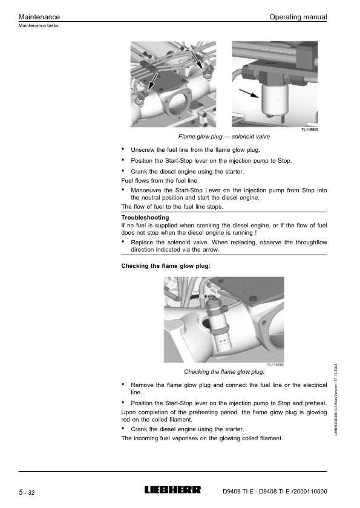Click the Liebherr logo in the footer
172,490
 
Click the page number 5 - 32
27,492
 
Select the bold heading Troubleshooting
145,217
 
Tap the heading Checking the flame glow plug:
166,266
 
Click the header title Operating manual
298,17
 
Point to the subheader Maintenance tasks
38,25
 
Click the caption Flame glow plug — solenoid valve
224,137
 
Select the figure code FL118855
310,129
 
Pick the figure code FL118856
275,365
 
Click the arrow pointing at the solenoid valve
249,93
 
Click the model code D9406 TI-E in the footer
238,492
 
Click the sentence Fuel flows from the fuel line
159,181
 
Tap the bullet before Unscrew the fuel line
123,149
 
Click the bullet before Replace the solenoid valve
123,241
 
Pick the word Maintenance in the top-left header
39,17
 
